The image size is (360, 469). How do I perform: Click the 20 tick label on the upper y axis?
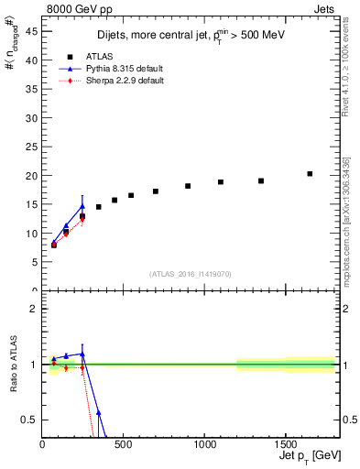click(31, 175)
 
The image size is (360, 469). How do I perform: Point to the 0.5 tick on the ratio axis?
click(29, 420)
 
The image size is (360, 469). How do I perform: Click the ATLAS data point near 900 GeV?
click(188, 186)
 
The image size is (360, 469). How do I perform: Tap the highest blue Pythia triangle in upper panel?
click(82, 206)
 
